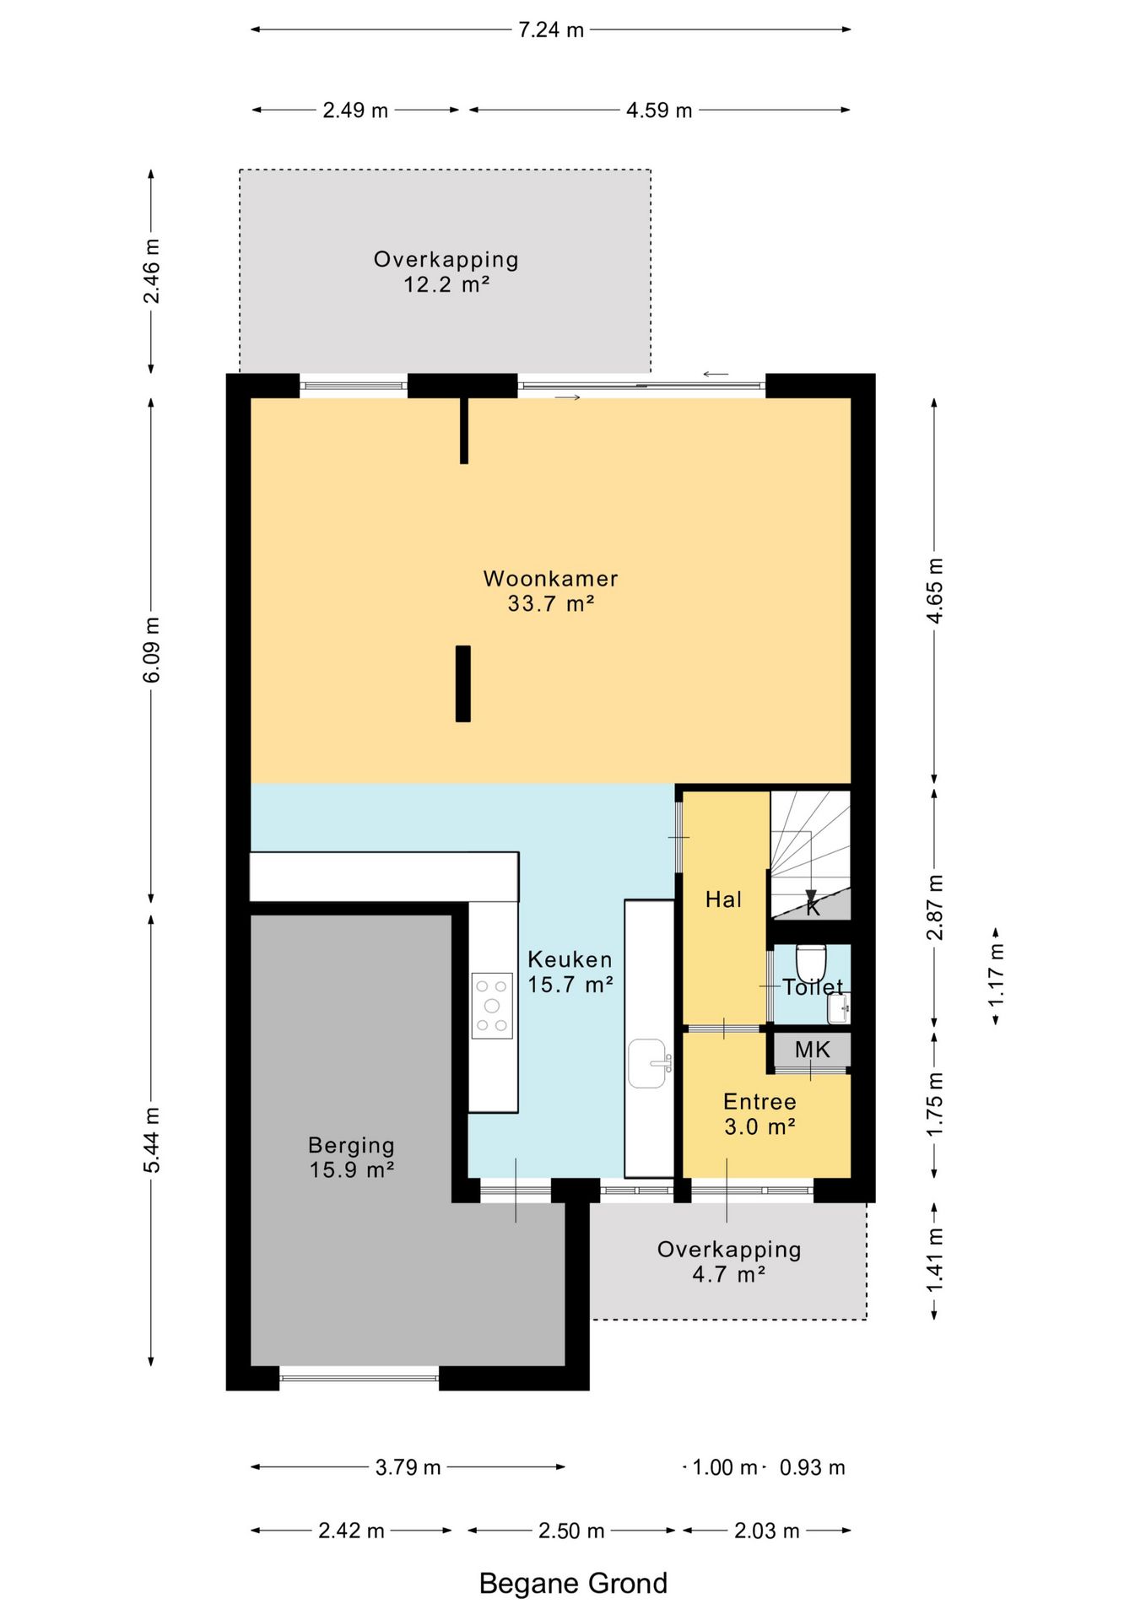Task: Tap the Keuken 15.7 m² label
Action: [x=570, y=971]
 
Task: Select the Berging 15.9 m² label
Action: [x=352, y=1157]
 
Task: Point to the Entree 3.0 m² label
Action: [x=760, y=1114]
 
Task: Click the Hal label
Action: [x=724, y=899]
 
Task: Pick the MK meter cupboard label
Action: [x=813, y=1050]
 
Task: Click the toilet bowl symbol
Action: [x=811, y=963]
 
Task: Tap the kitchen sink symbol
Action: [x=649, y=1063]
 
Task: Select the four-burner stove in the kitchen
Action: [x=492, y=1006]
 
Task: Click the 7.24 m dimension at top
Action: [x=551, y=30]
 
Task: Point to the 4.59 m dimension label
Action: [x=659, y=110]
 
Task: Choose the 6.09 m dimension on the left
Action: [x=151, y=650]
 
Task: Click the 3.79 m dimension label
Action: [x=408, y=1467]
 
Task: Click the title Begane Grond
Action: [x=573, y=1584]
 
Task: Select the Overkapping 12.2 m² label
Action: [x=446, y=271]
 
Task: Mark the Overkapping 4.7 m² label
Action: [x=729, y=1261]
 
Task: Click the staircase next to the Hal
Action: [x=810, y=854]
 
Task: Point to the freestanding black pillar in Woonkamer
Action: [x=463, y=683]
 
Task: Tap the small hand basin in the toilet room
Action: [x=839, y=1008]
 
